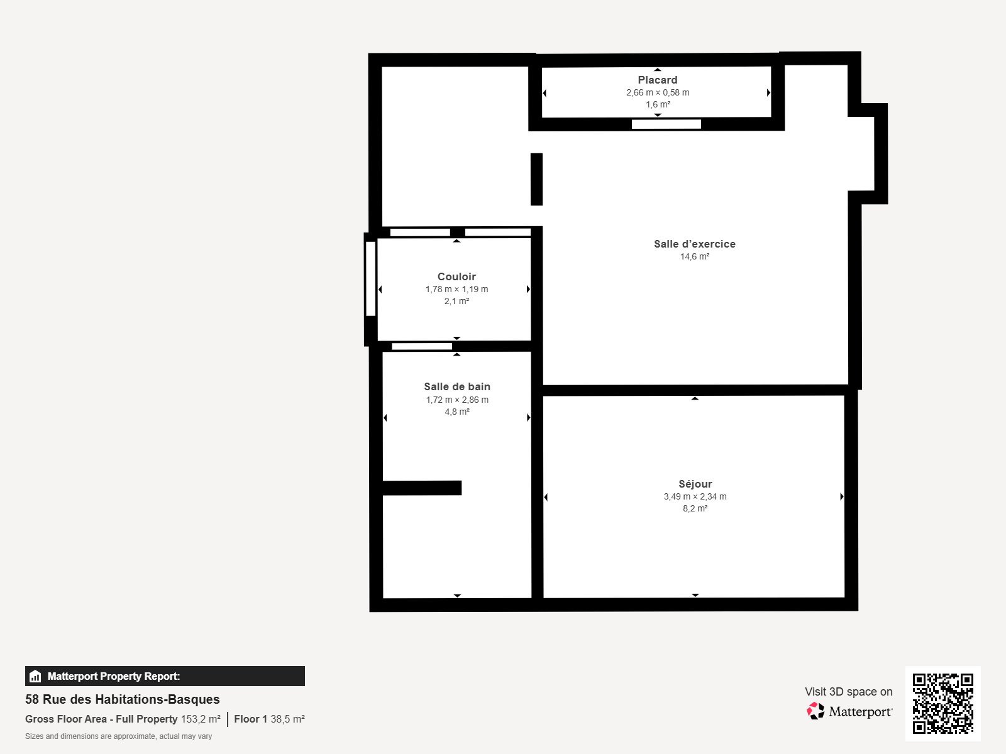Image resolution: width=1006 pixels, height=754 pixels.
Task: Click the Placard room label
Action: coord(657,80)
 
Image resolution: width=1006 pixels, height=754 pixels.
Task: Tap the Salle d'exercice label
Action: coord(694,244)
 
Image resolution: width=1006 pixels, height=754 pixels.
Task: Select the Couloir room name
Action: coord(456,276)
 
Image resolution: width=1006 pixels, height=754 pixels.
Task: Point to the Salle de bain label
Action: coord(457,387)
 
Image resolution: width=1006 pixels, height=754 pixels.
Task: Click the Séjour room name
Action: coord(695,484)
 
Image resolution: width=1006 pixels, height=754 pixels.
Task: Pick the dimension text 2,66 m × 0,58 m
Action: coord(658,92)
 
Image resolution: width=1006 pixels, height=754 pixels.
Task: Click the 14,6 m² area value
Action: coord(694,257)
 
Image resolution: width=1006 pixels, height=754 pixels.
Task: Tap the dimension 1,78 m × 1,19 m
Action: coord(456,289)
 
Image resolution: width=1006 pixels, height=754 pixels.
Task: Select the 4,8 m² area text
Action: coord(457,412)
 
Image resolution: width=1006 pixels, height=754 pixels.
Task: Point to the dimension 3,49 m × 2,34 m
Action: coord(695,497)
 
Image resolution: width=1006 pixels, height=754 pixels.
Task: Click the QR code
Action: coord(942,704)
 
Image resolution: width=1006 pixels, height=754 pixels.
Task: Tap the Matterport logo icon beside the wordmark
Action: coord(815,711)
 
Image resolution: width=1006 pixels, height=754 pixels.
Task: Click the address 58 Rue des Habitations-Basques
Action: coord(123,699)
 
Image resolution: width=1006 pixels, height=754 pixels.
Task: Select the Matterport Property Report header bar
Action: coord(165,676)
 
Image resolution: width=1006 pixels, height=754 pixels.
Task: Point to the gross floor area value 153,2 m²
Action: coord(201,719)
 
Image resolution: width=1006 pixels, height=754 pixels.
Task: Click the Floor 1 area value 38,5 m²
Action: coord(287,719)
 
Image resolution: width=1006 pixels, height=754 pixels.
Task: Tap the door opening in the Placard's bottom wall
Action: coord(666,124)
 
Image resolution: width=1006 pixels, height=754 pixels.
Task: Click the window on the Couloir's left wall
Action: coord(371,279)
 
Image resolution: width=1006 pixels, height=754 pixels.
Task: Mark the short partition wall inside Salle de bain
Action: coord(422,488)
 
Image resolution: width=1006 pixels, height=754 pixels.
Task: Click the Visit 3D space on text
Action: coord(848,692)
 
